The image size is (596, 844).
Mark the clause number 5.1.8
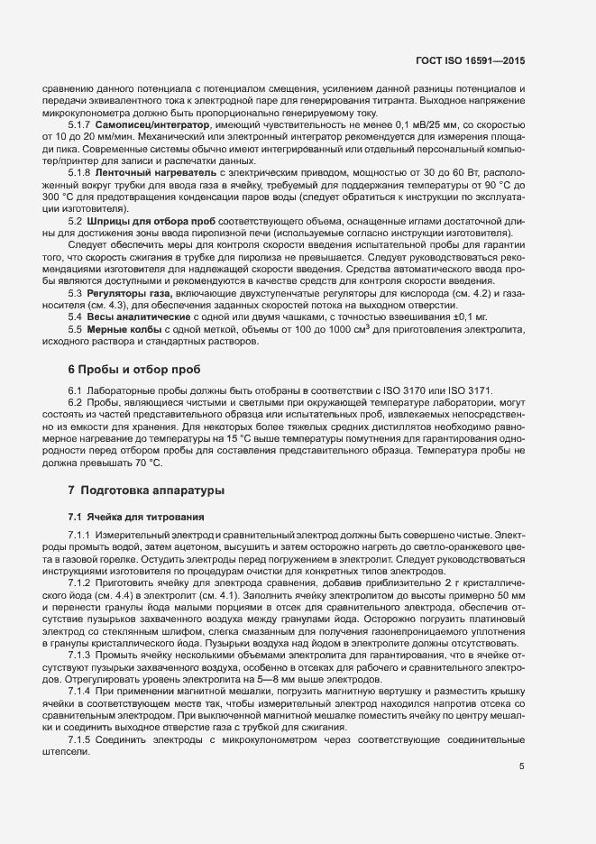[x=81, y=170]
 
